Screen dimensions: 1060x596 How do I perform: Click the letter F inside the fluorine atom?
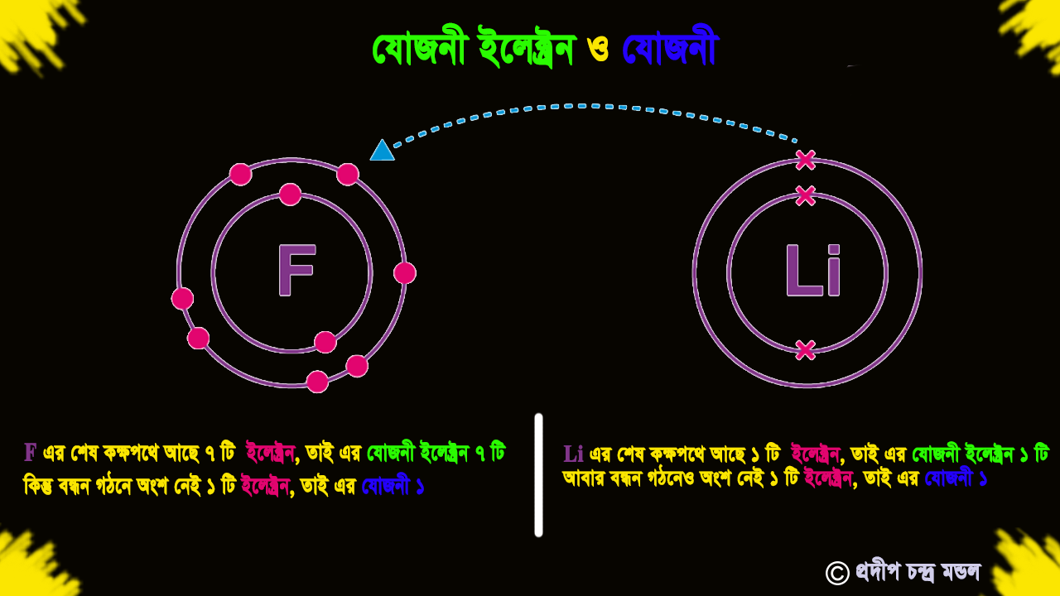coord(296,270)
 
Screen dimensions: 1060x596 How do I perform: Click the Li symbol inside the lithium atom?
coord(813,271)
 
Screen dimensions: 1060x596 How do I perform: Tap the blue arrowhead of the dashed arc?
coord(383,150)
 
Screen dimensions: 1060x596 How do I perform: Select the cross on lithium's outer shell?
coord(806,161)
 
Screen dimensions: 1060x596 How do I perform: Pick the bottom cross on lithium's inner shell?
coord(806,350)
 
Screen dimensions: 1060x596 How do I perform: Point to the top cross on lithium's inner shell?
coord(806,195)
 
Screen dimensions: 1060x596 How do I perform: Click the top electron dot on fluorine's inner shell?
coord(290,195)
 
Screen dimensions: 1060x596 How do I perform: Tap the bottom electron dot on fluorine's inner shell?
coord(325,342)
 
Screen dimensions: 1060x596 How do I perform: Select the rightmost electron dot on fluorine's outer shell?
coord(405,273)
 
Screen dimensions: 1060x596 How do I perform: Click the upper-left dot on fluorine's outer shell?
coord(240,175)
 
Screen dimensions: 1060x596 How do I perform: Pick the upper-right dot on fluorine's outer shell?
coord(348,175)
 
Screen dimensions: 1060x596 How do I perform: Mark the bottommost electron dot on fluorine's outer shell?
coord(317,382)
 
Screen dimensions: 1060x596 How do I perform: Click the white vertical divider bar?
coord(538,475)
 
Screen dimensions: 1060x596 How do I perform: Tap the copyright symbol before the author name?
coord(837,574)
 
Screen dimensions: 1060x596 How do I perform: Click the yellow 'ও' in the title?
coord(598,50)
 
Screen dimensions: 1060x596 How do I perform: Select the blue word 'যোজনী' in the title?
coord(671,46)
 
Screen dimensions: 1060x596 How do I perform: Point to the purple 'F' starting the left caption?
coord(31,453)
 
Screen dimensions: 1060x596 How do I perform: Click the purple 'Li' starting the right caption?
coord(573,454)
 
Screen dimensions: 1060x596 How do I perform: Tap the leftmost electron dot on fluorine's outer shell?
coord(183,299)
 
